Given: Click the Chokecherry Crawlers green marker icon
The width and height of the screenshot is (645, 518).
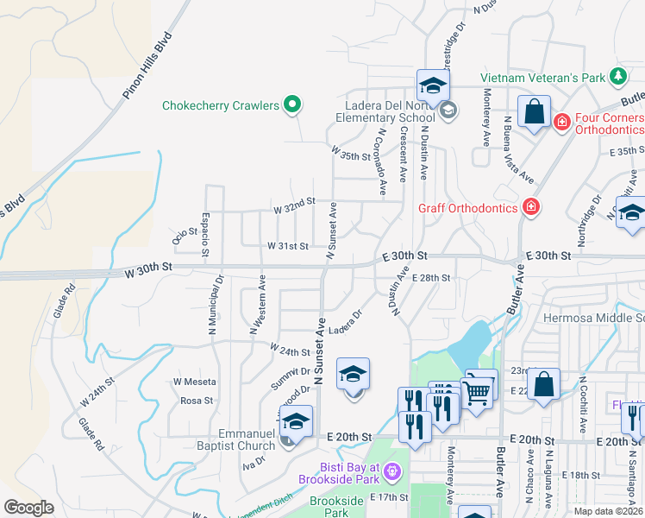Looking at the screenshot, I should (292, 105).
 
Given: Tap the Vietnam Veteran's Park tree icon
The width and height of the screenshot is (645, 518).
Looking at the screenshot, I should (618, 78).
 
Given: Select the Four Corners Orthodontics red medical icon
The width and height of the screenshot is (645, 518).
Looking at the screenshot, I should (562, 123).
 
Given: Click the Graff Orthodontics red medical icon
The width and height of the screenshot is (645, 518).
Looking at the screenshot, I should (530, 207).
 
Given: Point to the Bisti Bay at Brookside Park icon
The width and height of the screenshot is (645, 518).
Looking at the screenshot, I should (393, 471).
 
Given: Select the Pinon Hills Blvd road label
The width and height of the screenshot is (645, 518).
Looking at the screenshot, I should (148, 66).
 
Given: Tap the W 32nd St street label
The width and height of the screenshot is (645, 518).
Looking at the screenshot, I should (295, 209).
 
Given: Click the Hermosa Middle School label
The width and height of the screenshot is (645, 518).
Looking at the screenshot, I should (593, 319).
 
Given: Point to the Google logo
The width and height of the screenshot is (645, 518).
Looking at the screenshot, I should (28, 508).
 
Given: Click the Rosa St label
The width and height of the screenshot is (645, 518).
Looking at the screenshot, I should (197, 401).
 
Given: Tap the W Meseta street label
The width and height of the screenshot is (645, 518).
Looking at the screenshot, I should (194, 382).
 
